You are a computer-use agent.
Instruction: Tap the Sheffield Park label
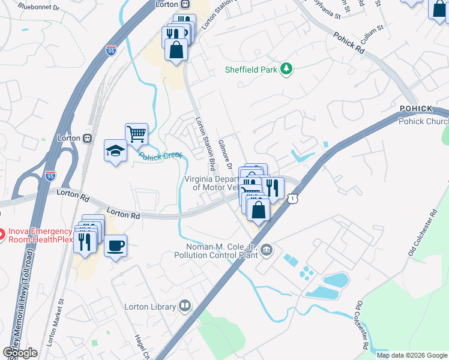coord(251,70)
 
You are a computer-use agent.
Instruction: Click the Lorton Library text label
coord(149,307)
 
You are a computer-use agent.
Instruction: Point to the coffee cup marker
coord(115,245)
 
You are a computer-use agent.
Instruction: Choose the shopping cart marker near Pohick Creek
coord(136,134)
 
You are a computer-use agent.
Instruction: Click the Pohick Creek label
coord(160,156)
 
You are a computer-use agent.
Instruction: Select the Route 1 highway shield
coord(292,198)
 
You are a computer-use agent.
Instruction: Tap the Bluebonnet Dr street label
coord(39,7)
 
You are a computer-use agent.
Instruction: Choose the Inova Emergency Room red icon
coord(2,232)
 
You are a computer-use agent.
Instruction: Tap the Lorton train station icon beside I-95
coord(88,137)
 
